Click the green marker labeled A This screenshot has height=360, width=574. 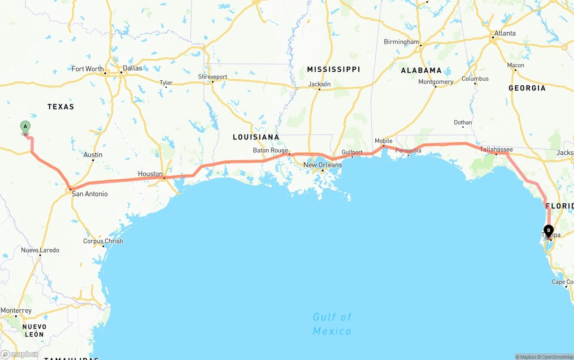(26, 127)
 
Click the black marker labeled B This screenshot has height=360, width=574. (548, 230)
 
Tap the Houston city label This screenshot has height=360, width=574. (150, 174)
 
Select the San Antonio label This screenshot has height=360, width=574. (90, 194)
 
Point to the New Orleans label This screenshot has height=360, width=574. (322, 165)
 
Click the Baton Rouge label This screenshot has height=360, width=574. (270, 150)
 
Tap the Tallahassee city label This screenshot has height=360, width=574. (496, 149)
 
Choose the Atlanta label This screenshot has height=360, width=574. (505, 33)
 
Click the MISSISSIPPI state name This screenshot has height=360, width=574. (333, 69)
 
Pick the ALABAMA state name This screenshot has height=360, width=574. (421, 70)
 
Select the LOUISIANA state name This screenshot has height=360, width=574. (256, 137)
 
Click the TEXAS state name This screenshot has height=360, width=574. (61, 107)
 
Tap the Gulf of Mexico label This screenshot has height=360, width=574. (332, 324)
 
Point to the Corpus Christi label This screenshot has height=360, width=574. (103, 241)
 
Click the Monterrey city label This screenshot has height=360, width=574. (16, 311)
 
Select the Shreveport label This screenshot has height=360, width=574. (213, 77)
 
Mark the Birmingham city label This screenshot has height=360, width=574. (401, 42)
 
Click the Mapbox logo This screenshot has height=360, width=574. (20, 354)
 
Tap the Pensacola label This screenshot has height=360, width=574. (408, 150)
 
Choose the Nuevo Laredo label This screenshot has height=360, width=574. (40, 250)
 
